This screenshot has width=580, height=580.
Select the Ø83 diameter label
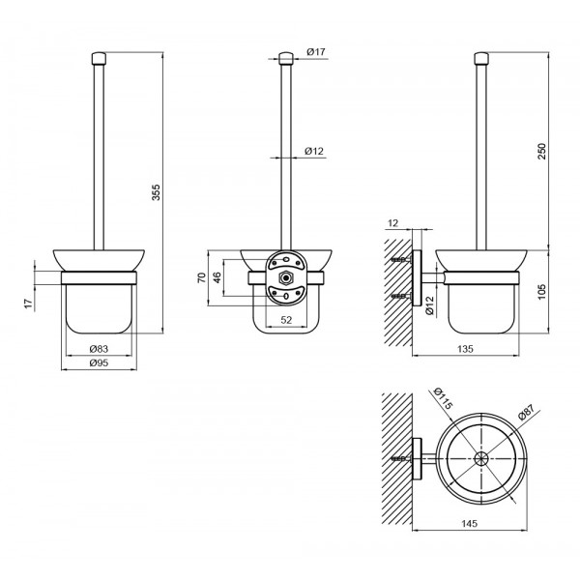(98, 349)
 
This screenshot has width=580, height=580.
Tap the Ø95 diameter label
(98, 363)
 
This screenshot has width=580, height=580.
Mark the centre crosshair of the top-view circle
(479, 459)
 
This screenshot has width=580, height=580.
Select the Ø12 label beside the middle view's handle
(314, 152)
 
